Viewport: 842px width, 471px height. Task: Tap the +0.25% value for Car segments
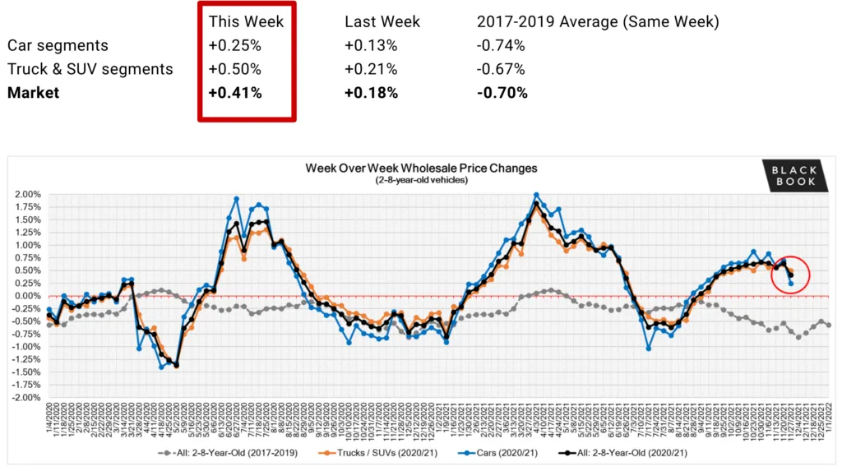click(x=235, y=45)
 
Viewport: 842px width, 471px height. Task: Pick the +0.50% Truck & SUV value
click(x=235, y=69)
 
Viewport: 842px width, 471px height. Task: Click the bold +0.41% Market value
click(x=235, y=93)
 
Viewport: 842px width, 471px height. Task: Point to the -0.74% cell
click(x=501, y=45)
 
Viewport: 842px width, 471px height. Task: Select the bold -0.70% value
click(x=502, y=93)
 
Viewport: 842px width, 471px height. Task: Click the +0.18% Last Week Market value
click(x=370, y=93)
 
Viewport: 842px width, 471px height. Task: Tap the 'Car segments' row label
click(x=58, y=45)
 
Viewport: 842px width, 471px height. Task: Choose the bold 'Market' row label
click(x=33, y=93)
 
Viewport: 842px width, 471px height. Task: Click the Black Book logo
click(x=793, y=175)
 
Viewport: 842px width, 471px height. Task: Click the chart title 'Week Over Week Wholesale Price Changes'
click(x=421, y=168)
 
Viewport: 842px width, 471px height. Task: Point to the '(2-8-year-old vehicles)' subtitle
click(x=421, y=179)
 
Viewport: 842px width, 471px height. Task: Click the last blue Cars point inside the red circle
click(x=791, y=284)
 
